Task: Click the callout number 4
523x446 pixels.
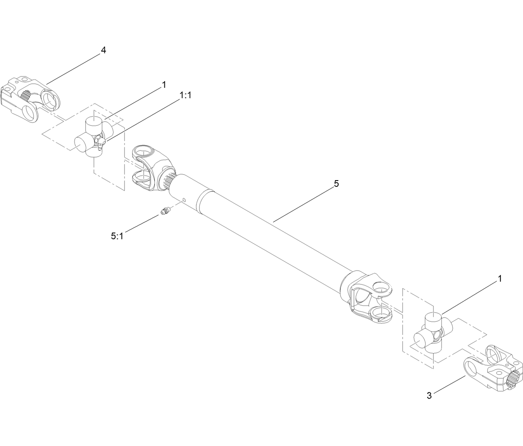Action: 104,50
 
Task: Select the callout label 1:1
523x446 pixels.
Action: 185,95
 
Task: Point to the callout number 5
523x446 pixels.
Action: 337,183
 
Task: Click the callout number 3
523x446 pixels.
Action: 429,395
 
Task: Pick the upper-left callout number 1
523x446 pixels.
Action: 164,84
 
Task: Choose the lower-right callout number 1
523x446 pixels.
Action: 499,278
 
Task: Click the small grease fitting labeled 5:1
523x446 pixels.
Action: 165,212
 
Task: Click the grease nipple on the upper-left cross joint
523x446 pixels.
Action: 101,144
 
